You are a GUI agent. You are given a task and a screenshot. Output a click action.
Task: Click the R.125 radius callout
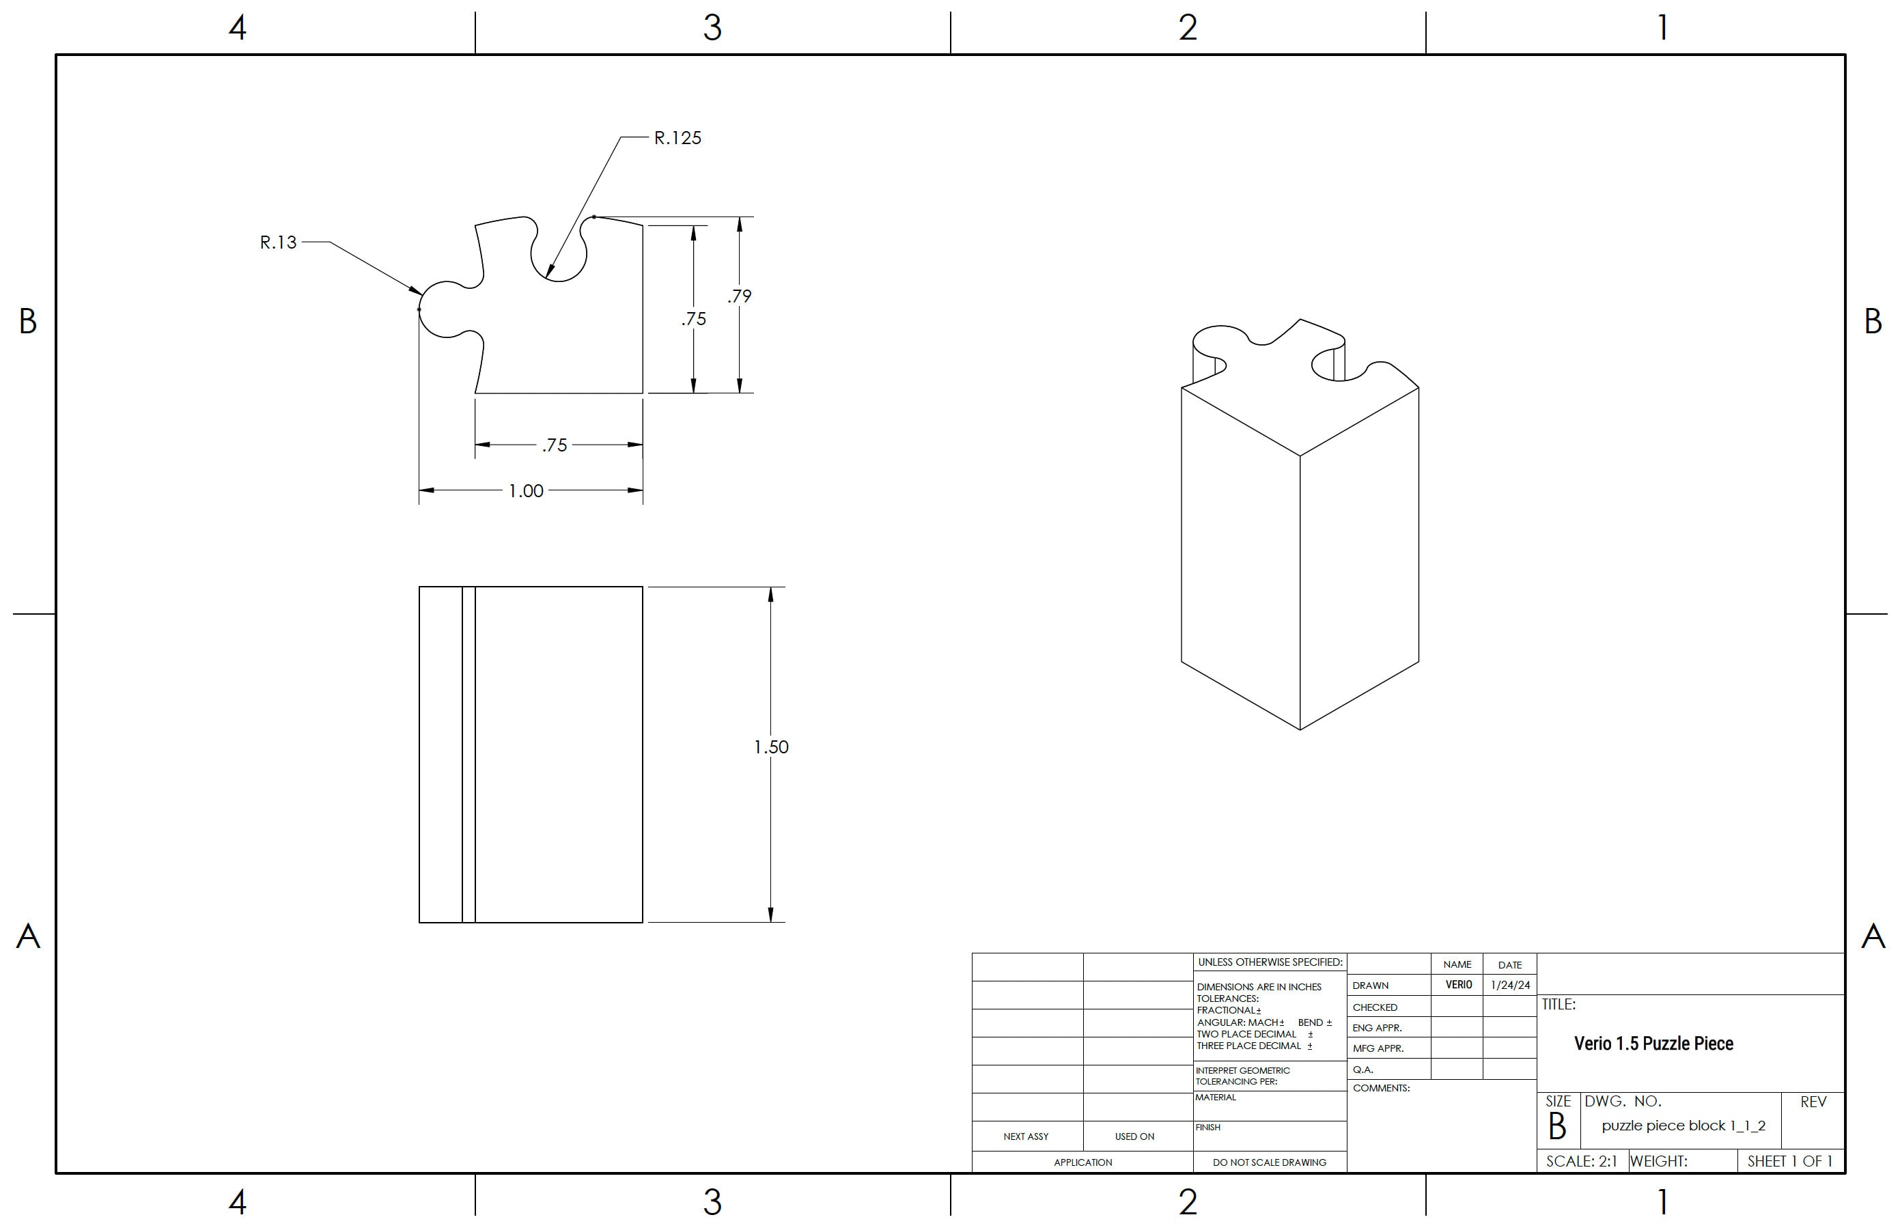point(677,138)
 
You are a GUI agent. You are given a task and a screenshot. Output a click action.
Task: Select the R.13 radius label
point(277,242)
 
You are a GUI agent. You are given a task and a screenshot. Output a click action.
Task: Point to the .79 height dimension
point(739,296)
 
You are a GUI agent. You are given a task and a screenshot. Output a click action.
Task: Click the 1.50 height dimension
point(771,747)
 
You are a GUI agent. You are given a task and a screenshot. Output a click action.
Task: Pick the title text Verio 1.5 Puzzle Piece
point(1653,1044)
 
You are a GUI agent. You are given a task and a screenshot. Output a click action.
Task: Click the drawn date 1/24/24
point(1509,986)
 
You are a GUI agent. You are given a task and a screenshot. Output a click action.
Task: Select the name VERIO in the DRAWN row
point(1458,986)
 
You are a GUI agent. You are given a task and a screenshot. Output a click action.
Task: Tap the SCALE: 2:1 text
point(1581,1162)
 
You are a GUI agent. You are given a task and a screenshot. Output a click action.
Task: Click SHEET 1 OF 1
point(1790,1162)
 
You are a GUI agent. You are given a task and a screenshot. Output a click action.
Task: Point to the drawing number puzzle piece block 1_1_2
point(1683,1126)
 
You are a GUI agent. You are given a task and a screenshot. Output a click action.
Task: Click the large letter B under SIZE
point(1556,1128)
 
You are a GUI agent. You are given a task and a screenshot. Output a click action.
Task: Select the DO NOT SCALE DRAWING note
point(1270,1162)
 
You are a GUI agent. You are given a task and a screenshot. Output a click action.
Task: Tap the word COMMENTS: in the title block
point(1381,1089)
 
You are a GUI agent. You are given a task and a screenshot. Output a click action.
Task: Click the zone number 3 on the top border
point(712,28)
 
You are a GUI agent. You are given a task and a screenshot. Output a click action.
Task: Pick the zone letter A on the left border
point(28,936)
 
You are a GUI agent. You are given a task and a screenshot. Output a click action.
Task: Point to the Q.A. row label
point(1363,1070)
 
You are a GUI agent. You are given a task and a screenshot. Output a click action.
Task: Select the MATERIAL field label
point(1215,1098)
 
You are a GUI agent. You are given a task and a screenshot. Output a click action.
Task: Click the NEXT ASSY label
point(1025,1137)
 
